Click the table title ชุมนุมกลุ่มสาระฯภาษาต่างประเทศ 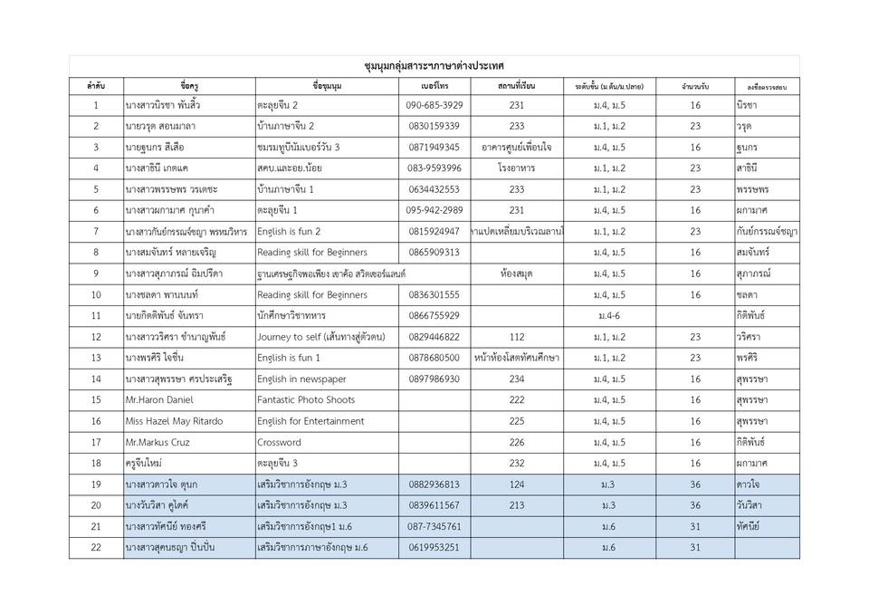tap(434, 66)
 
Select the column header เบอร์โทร tap(434, 86)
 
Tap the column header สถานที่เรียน tap(516, 86)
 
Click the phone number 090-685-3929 tap(434, 106)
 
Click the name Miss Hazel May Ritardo tap(174, 421)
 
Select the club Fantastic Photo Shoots tap(306, 400)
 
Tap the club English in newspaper tap(301, 379)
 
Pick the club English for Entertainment tap(310, 421)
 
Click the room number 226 tap(516, 443)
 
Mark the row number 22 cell tap(96, 548)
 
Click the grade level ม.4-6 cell tap(608, 316)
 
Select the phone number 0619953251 tap(434, 548)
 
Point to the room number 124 tap(516, 484)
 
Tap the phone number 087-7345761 tap(434, 527)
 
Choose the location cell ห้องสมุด tap(516, 273)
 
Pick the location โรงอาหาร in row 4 tap(516, 168)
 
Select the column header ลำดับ tap(96, 86)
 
